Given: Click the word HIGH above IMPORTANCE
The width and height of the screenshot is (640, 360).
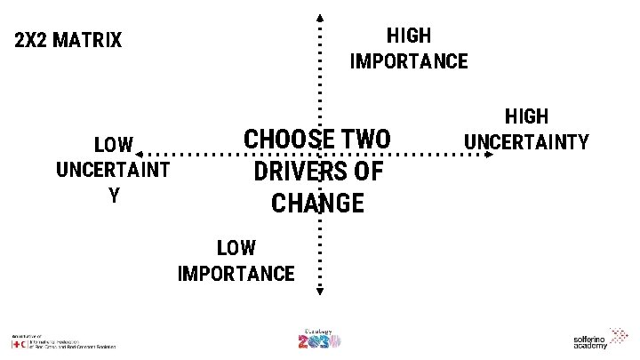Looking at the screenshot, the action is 409,36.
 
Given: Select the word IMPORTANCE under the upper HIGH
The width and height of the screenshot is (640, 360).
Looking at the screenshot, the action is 409,61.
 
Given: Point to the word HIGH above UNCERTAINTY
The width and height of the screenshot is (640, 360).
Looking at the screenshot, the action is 527,116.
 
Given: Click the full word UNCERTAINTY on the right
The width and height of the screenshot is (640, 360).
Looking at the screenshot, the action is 527,141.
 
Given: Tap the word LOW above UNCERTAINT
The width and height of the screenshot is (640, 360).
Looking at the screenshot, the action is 114,145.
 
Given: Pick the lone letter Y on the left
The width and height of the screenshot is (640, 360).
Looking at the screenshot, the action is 114,196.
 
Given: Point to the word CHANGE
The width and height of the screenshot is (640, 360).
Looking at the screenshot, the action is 317,203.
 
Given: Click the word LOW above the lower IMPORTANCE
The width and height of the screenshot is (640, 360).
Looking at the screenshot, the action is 236,248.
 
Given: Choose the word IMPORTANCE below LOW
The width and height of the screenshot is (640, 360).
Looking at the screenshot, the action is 236,273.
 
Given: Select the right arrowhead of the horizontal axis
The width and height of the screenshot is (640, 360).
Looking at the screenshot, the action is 490,155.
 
